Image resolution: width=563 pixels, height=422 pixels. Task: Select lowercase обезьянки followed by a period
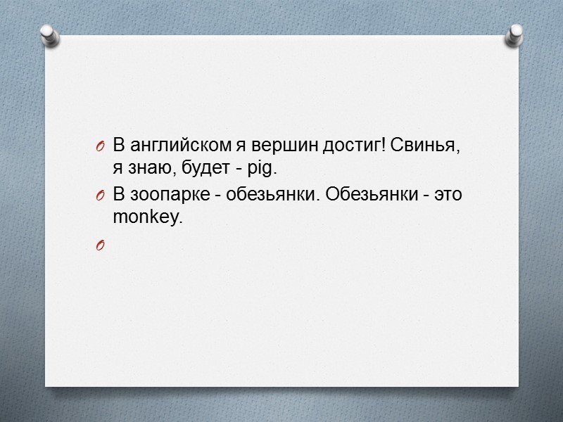(x=267, y=195)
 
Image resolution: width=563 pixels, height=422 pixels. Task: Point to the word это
(x=447, y=195)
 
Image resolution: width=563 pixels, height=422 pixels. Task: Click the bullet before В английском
(x=100, y=147)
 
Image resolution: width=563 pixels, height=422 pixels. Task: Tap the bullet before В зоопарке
(x=100, y=196)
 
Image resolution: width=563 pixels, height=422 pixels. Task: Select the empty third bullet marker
(x=100, y=245)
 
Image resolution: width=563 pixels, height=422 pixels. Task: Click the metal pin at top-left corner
(x=49, y=34)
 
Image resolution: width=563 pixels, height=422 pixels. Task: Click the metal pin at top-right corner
(x=514, y=34)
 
